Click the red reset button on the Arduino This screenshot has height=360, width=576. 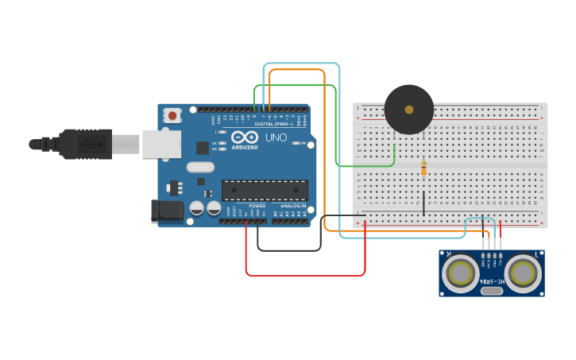tap(172, 116)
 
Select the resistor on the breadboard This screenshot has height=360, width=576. tap(423, 168)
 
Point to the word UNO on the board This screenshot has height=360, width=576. tap(276, 137)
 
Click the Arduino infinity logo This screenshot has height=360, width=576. tap(245, 137)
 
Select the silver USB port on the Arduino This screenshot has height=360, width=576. tap(161, 144)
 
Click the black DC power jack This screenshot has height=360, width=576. tap(167, 210)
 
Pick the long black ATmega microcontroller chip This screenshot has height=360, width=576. tap(264, 190)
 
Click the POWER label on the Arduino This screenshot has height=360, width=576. tap(257, 206)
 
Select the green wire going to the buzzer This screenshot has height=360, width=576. tap(365, 166)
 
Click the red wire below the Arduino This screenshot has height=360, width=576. tap(306, 275)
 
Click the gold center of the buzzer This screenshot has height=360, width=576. tap(409, 110)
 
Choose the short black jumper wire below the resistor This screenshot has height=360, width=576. tap(423, 203)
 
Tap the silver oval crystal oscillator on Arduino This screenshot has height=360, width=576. tap(200, 167)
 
